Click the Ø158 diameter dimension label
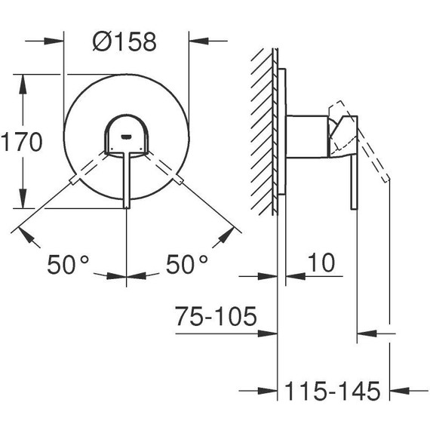pos(126,41)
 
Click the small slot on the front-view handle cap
pos(126,137)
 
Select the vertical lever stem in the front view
pos(125,177)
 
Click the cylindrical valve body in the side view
pos(307,138)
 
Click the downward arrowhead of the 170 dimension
pos(23,203)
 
